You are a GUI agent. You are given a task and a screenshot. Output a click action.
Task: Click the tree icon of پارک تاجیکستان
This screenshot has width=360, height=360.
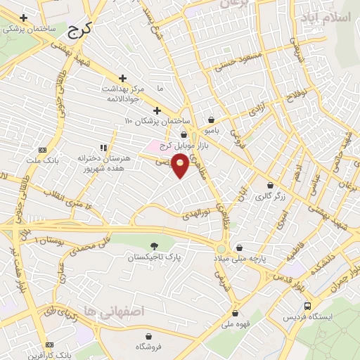pyautogui.click(x=154, y=245)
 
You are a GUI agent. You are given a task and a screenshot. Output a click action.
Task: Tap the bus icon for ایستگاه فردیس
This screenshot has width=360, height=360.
pyautogui.click(x=307, y=306)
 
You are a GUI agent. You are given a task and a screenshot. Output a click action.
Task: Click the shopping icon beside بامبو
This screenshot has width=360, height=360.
pyautogui.click(x=211, y=120)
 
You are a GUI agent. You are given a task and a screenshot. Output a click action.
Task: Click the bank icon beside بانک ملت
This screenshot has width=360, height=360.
pyautogui.click(x=41, y=150)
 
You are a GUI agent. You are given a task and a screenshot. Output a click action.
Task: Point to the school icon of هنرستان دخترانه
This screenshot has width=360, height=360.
pyautogui.click(x=103, y=148)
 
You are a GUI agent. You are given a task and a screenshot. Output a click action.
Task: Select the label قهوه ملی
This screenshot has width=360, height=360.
pyautogui.click(x=236, y=325)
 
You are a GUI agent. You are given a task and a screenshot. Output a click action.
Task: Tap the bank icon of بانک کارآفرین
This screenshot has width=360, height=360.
pyautogui.click(x=49, y=345)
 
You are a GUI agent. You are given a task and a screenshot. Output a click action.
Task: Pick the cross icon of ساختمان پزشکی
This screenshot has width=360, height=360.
pyautogui.click(x=24, y=17)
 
